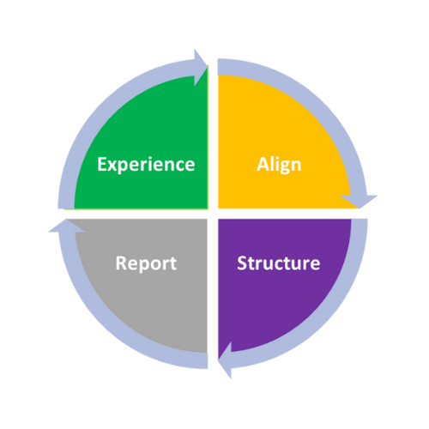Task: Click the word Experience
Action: coord(146,165)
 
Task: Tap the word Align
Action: coord(279,165)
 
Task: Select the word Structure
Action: coord(279,263)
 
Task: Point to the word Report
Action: coord(146,263)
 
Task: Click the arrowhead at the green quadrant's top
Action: coord(200,68)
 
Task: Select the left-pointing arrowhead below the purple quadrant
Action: coord(225,360)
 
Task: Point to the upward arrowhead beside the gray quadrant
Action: coord(66,226)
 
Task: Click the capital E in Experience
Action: coord(102,164)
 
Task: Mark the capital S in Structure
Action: coord(242,263)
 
